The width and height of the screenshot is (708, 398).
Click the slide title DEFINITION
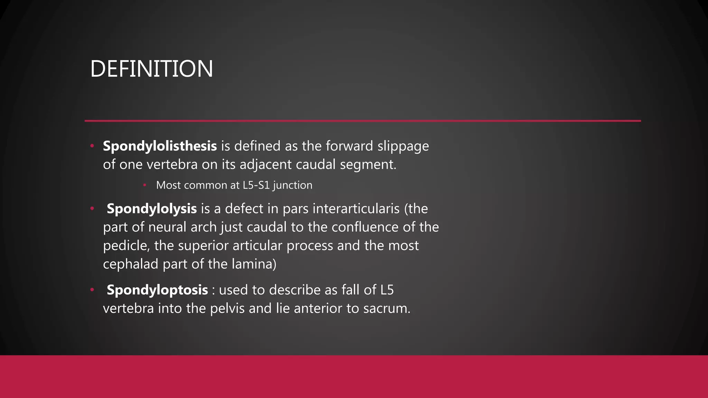151,69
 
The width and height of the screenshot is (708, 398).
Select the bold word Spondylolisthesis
160,146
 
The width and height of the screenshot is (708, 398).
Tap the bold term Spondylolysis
151,209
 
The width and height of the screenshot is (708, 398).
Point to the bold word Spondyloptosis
157,290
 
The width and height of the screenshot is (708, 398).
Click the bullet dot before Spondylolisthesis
92,146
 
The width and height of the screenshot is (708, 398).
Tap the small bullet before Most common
145,185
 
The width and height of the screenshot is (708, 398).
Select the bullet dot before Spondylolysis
92,208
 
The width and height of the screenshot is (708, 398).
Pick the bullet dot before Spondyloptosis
92,290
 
